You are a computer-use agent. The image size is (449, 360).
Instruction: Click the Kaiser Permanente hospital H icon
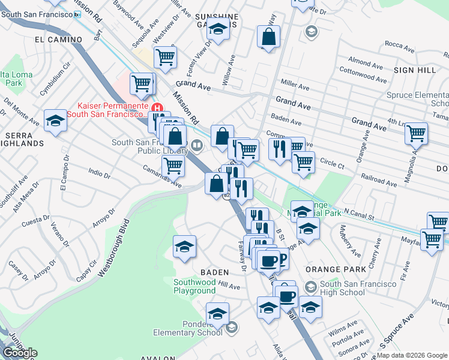158,109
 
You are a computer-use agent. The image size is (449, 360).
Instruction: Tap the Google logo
19,353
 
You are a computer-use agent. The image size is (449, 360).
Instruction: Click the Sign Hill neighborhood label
415,70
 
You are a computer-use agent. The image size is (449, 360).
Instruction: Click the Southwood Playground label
194,286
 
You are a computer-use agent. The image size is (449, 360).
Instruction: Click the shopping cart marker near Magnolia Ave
415,134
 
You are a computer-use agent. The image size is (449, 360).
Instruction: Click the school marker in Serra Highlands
55,121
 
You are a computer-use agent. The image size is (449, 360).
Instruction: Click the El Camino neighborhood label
58,40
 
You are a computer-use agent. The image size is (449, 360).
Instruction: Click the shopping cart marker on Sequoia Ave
164,58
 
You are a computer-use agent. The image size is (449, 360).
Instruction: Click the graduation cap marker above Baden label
185,246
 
